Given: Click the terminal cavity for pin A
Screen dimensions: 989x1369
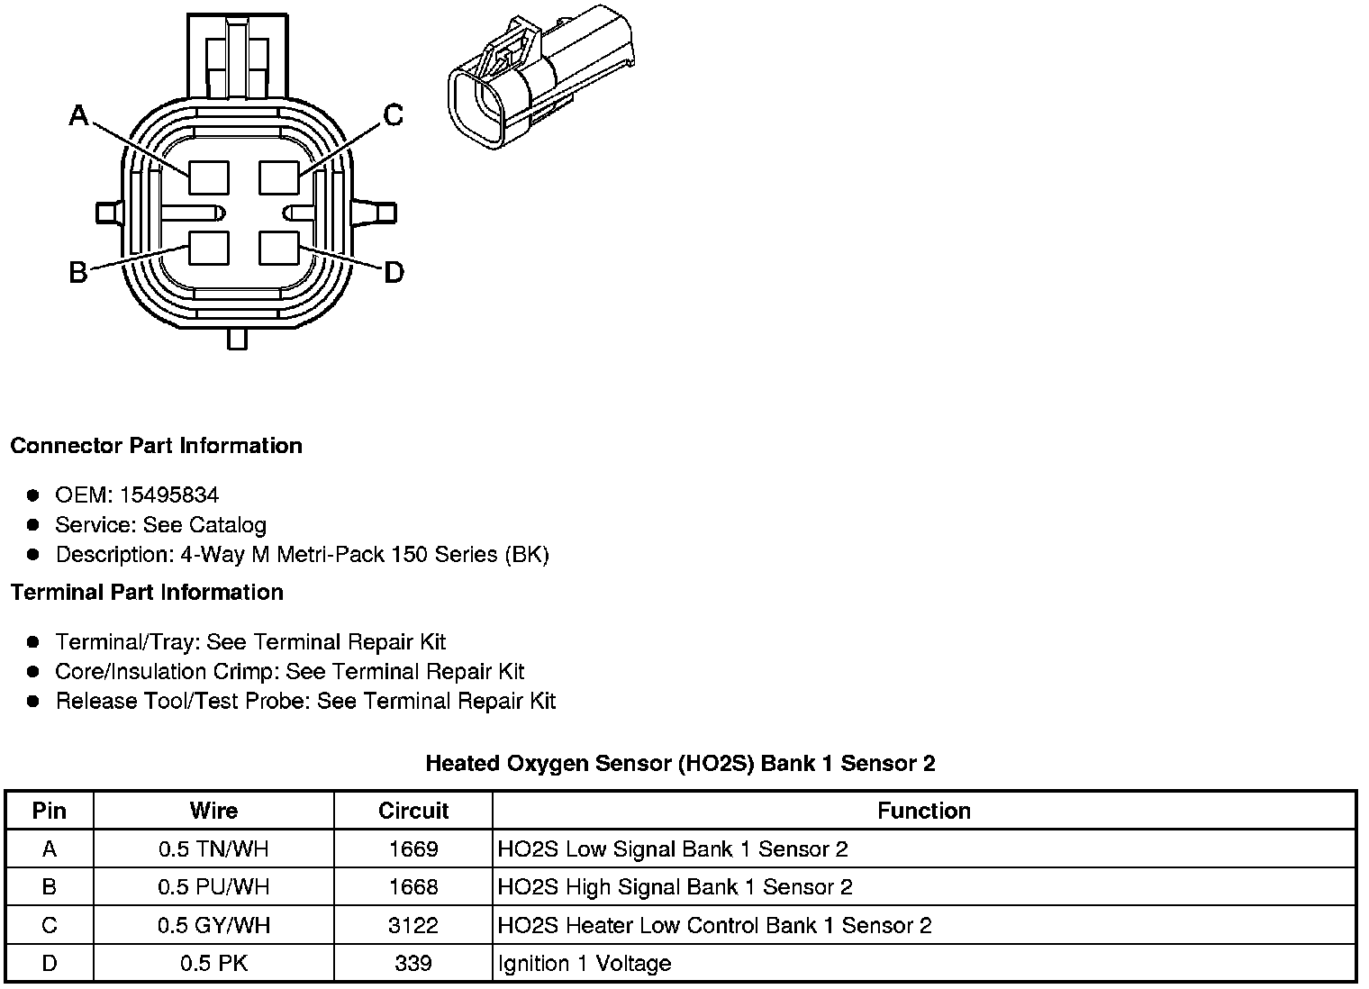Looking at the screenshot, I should [208, 177].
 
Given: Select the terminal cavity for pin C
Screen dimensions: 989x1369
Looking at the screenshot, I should [278, 177].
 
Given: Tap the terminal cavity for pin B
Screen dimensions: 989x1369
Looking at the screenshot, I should [208, 248].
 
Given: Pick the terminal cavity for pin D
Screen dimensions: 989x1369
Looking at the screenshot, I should [278, 248].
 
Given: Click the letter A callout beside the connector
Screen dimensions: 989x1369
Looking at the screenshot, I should [79, 116].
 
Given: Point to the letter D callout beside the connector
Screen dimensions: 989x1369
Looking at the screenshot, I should [394, 272].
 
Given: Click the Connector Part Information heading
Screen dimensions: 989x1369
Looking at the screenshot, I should [156, 446].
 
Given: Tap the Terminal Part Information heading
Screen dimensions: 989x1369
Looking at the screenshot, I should [147, 593].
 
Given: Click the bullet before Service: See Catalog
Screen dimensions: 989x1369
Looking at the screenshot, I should [33, 525].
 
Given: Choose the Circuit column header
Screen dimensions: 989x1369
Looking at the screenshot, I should [413, 811].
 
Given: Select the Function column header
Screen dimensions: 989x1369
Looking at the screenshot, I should [924, 811].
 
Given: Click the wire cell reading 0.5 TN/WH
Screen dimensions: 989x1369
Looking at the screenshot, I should [213, 849].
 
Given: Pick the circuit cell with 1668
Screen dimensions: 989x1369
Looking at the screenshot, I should [413, 887].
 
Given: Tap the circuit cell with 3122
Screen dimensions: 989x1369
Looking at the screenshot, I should [413, 926].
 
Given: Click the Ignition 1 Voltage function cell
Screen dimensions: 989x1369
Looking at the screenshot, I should [585, 964].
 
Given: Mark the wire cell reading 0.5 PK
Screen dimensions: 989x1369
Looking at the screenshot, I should [213, 964].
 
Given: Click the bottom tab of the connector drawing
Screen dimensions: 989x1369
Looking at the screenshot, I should [238, 339].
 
